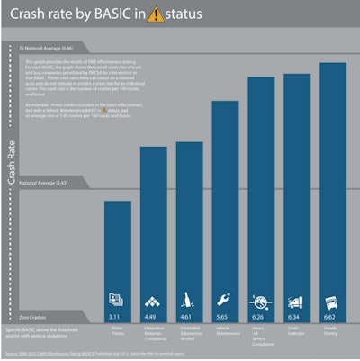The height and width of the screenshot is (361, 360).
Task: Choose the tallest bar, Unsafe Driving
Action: click(334, 180)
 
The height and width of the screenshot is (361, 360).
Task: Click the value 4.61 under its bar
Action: click(189, 318)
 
